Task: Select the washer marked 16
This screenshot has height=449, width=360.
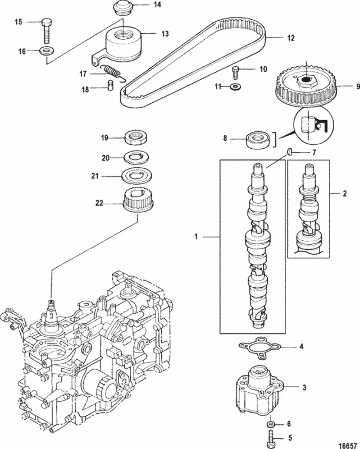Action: (x=47, y=52)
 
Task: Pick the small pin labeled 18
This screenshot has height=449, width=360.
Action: (x=111, y=85)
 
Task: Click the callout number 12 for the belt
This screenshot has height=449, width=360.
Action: (x=290, y=39)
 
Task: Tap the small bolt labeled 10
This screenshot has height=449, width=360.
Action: (x=236, y=71)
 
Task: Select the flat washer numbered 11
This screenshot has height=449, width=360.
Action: (x=235, y=88)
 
